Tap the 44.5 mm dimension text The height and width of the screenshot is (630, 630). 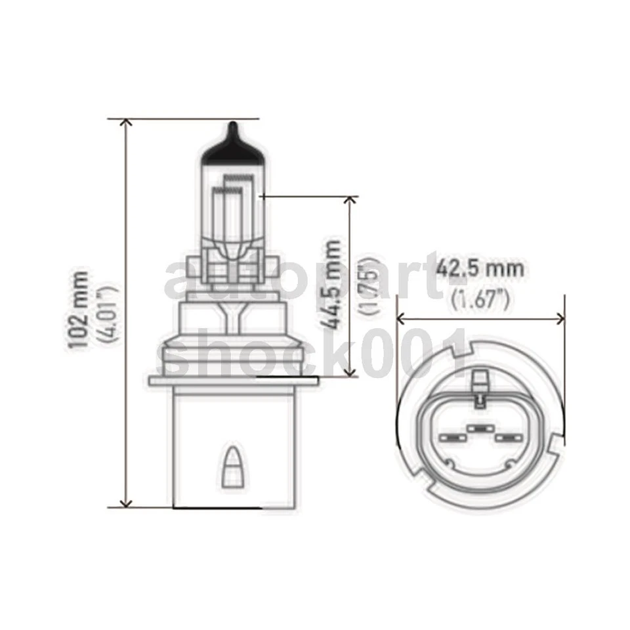pyautogui.click(x=333, y=283)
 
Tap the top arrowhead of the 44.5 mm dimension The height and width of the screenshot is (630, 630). pyautogui.click(x=352, y=199)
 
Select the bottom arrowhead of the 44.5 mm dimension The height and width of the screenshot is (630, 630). pyautogui.click(x=352, y=372)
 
